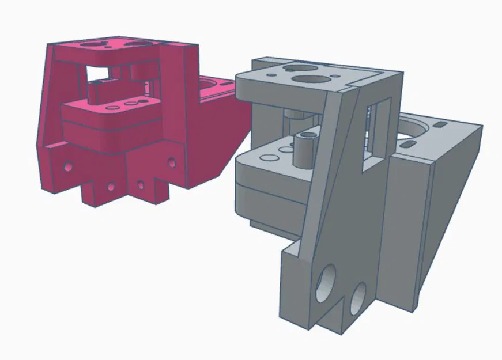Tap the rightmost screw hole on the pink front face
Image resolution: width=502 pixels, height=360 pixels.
pos(171,162)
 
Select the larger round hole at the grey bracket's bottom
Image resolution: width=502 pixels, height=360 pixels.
pos(327,281)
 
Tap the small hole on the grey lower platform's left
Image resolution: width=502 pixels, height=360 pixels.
pos(268,157)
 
